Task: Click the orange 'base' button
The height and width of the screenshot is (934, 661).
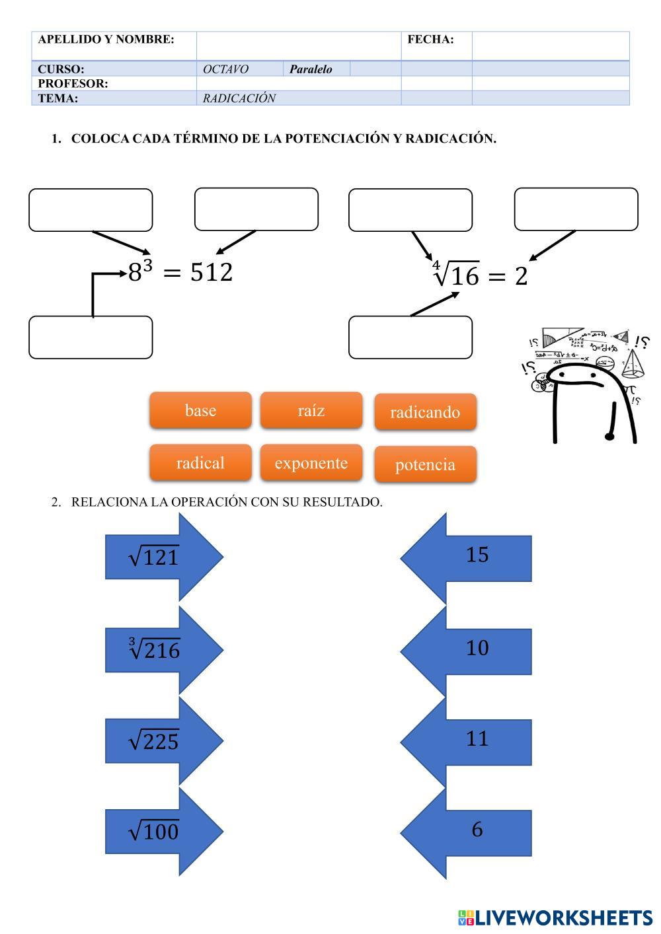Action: [x=200, y=410]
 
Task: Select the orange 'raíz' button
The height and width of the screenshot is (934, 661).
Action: [x=311, y=410]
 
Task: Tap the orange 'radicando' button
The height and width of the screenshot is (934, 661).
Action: [x=425, y=412]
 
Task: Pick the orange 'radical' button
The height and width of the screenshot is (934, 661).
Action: [x=200, y=462]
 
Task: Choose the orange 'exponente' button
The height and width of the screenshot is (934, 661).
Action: [x=311, y=462]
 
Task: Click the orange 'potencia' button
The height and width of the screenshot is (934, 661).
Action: [x=425, y=464]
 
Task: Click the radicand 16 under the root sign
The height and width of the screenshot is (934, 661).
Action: [x=466, y=276]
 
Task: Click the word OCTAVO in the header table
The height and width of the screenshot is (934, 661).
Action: [x=225, y=69]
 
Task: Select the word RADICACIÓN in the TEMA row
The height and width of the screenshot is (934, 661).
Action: [x=239, y=98]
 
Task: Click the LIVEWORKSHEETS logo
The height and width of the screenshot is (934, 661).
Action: [x=555, y=917]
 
